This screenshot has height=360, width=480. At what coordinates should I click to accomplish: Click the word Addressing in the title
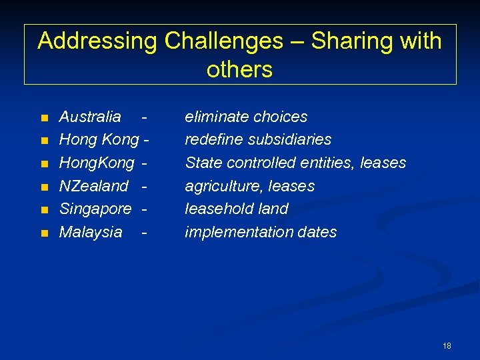pyautogui.click(x=97, y=41)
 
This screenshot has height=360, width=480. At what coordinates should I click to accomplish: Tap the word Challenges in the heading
pyautogui.click(x=223, y=41)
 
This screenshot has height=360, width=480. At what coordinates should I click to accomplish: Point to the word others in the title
pyautogui.click(x=239, y=69)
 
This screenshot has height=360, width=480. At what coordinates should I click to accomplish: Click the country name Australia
pyautogui.click(x=90, y=117)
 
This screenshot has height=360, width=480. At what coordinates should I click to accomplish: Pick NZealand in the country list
pyautogui.click(x=93, y=186)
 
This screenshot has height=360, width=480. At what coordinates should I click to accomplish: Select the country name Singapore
pyautogui.click(x=95, y=209)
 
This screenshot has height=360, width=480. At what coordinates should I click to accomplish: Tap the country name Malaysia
pyautogui.click(x=91, y=232)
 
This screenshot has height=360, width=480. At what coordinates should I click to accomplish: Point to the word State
pyautogui.click(x=203, y=163)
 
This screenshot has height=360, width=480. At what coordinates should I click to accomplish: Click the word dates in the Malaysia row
pyautogui.click(x=319, y=232)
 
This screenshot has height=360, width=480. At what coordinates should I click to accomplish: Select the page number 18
pyautogui.click(x=447, y=345)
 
